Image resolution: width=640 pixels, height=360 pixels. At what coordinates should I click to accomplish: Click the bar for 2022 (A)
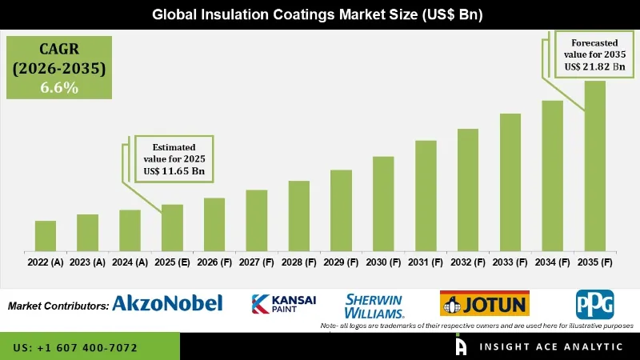pyautogui.click(x=46, y=235)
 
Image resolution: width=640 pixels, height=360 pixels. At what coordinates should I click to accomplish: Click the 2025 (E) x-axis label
pyautogui.click(x=172, y=262)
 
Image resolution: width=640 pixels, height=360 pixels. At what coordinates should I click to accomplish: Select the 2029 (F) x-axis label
pyautogui.click(x=342, y=262)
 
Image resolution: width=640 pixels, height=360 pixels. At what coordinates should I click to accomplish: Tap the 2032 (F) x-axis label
pyautogui.click(x=468, y=262)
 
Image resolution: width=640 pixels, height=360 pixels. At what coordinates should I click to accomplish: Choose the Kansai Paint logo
pyautogui.click(x=284, y=304)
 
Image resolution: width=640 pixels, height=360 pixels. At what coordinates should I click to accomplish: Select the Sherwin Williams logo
pyautogui.click(x=374, y=305)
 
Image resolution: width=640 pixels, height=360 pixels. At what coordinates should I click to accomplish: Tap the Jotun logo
pyautogui.click(x=484, y=304)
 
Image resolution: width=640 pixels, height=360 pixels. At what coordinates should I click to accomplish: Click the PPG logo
pyautogui.click(x=594, y=304)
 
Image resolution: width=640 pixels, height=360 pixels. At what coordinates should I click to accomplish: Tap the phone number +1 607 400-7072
pyautogui.click(x=75, y=348)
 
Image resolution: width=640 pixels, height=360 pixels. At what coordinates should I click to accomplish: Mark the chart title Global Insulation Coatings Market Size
pyautogui.click(x=319, y=14)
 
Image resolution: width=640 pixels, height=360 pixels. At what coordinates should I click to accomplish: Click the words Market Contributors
pyautogui.click(x=58, y=306)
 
